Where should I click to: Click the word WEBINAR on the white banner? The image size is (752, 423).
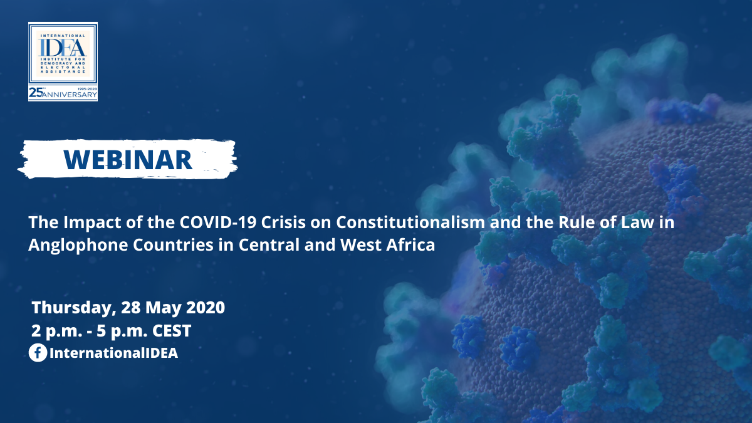pyautogui.click(x=128, y=159)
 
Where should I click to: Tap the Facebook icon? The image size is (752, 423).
pyautogui.click(x=38, y=353)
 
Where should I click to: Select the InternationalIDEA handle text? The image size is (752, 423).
pyautogui.click(x=113, y=353)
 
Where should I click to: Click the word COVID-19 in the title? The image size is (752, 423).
pyautogui.click(x=218, y=222)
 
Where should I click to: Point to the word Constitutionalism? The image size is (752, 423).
pyautogui.click(x=410, y=222)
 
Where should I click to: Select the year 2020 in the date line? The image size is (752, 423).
pyautogui.click(x=206, y=308)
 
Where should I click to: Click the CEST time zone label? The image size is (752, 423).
pyautogui.click(x=172, y=331)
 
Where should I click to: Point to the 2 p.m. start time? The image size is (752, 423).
pyautogui.click(x=57, y=332)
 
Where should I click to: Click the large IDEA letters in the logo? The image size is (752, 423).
pyautogui.click(x=63, y=48)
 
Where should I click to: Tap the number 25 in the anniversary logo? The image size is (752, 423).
pyautogui.click(x=35, y=93)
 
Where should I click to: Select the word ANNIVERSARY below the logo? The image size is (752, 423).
pyautogui.click(x=70, y=95)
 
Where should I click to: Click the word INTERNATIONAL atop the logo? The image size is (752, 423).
pyautogui.click(x=63, y=35)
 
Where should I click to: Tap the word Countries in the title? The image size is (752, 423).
pyautogui.click(x=173, y=245)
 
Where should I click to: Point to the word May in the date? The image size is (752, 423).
pyautogui.click(x=163, y=308)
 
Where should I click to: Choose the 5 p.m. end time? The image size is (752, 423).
pyautogui.click(x=122, y=332)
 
